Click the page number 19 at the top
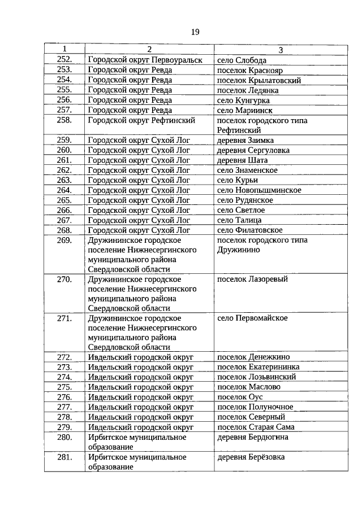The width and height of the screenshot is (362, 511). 195,32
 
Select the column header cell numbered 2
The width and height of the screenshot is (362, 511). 149,50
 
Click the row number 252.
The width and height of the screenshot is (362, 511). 64,60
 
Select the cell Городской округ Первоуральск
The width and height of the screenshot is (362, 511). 145,60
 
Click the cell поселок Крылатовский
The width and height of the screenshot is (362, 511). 259,80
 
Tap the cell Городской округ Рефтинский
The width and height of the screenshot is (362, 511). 141,120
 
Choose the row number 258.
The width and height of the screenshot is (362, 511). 64,120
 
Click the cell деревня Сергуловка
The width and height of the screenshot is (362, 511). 253,150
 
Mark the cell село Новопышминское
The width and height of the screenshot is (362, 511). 259,190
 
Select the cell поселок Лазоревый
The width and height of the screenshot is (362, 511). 252,279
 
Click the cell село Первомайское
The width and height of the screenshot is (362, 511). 252,318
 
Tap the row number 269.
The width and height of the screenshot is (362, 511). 64,241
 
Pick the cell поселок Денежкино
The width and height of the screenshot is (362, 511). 253,357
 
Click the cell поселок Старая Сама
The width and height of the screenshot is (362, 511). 256,427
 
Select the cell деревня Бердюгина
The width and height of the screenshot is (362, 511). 253,438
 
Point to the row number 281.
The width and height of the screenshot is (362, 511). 64,457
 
